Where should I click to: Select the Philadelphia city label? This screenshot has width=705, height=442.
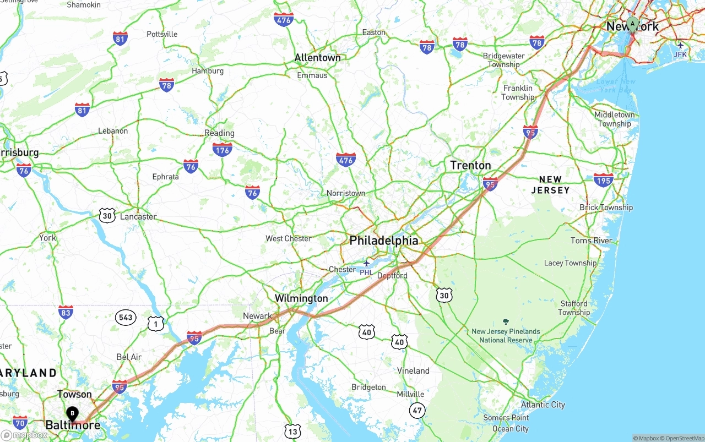(384, 241)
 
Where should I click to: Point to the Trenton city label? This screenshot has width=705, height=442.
(470, 165)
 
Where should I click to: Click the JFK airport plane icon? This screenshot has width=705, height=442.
(681, 45)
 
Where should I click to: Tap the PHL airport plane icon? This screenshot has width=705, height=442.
(366, 263)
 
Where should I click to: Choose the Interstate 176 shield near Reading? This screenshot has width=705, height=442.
(222, 149)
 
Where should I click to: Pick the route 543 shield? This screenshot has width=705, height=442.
(126, 317)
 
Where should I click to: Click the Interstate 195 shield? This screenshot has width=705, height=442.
(603, 179)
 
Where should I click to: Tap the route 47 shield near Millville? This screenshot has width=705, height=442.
(417, 410)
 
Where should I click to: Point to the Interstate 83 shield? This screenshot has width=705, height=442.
(66, 313)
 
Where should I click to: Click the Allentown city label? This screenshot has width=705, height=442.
(317, 58)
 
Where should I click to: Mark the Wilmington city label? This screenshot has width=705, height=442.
(301, 298)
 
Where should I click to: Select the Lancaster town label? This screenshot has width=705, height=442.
(138, 216)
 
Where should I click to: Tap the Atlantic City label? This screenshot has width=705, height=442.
(543, 405)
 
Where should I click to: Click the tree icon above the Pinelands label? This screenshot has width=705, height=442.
(506, 321)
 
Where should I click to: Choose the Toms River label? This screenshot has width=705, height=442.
(592, 241)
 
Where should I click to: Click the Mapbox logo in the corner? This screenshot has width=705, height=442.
(24, 435)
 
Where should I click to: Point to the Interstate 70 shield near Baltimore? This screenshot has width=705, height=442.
(20, 422)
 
